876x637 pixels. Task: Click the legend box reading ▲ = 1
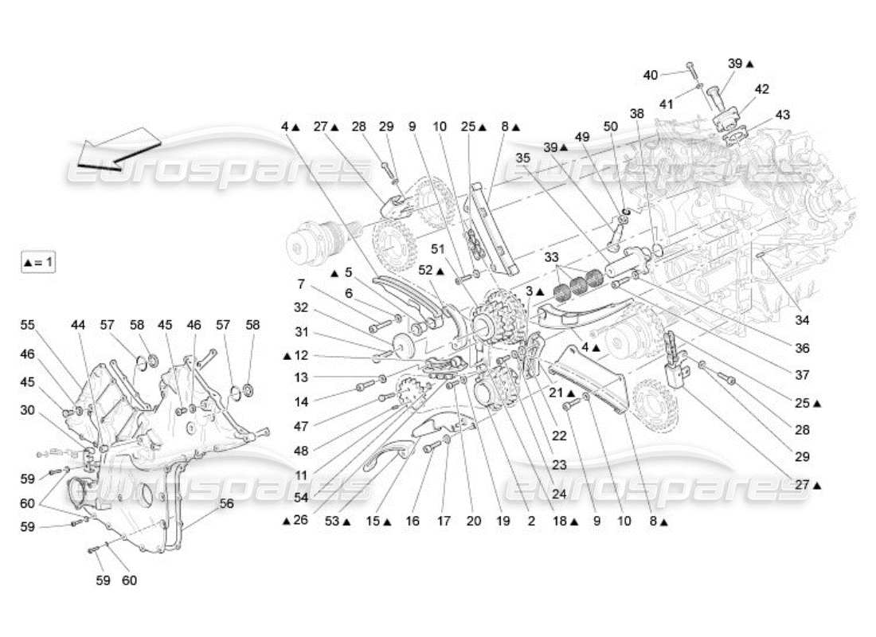pos(38,261)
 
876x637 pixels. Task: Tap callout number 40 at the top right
pos(651,75)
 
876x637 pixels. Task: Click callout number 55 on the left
pos(28,325)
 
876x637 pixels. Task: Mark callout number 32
pos(300,307)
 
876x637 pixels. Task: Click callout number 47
pos(300,427)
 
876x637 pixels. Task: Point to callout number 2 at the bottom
pos(530,522)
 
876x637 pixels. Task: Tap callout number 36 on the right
pos(802,348)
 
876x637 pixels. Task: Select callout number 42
pos(761,89)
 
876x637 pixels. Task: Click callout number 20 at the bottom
pos(474,522)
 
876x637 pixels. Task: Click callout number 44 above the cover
pos(77,325)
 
